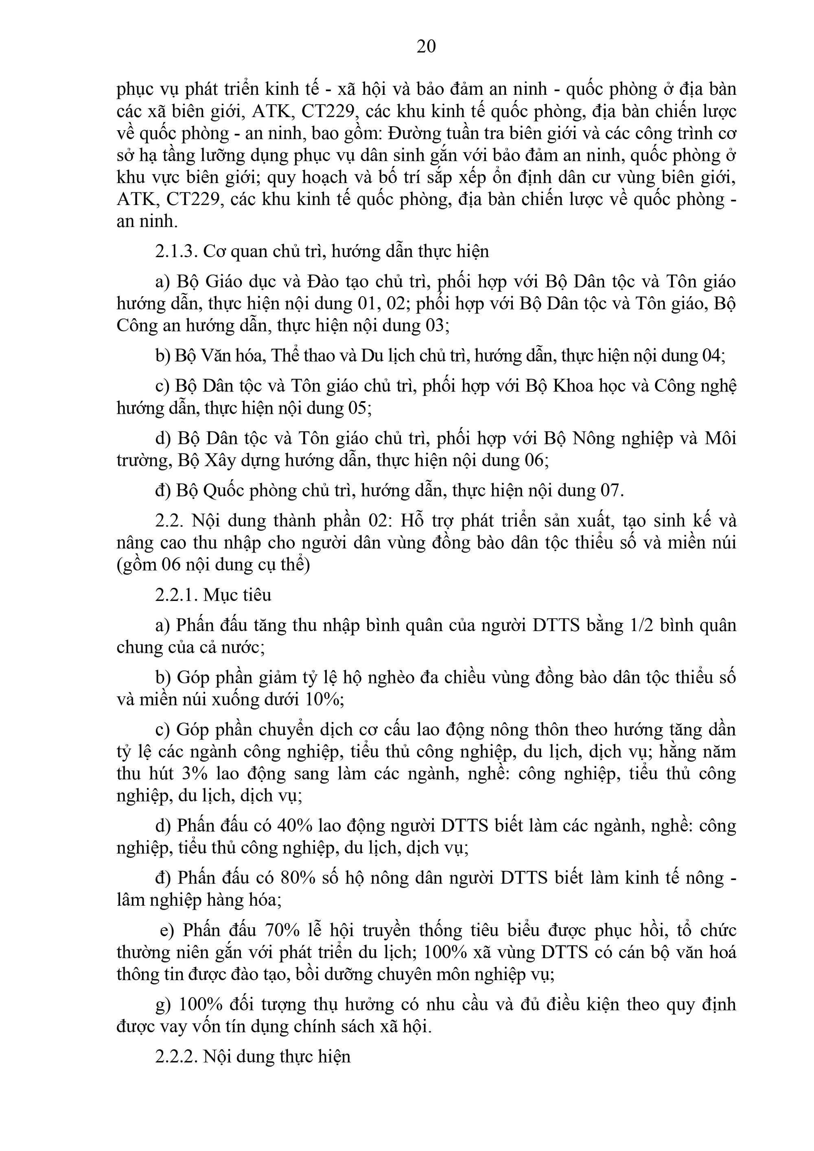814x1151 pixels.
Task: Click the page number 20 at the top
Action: [x=426, y=47]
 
